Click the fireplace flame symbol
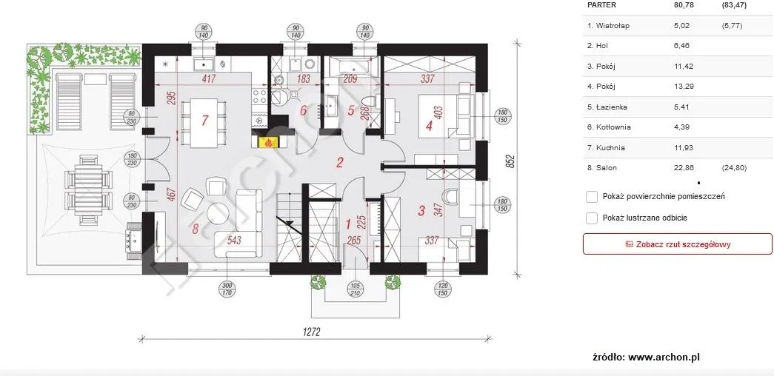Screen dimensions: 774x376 [268, 143]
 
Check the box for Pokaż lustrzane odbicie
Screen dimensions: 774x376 [592, 218]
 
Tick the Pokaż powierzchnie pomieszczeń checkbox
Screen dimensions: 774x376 [592, 197]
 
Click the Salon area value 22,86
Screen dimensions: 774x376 [683, 168]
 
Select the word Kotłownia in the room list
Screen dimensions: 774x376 [615, 127]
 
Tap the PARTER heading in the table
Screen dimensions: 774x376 [601, 4]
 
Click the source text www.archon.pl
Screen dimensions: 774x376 [664, 357]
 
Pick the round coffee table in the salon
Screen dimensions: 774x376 [218, 212]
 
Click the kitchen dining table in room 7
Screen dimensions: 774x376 [204, 123]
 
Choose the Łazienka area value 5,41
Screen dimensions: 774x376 [681, 107]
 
